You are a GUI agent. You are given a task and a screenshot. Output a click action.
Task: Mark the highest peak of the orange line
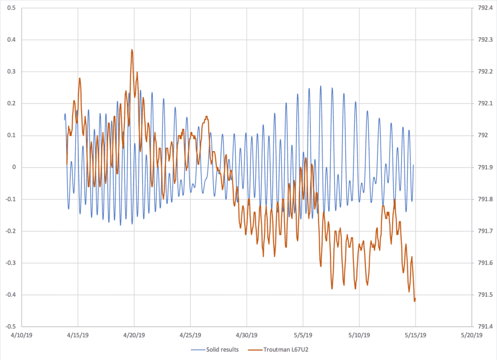[132, 50]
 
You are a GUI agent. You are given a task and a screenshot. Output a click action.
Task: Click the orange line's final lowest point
[414, 300]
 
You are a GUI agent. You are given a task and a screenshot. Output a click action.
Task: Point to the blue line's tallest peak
[321, 86]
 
